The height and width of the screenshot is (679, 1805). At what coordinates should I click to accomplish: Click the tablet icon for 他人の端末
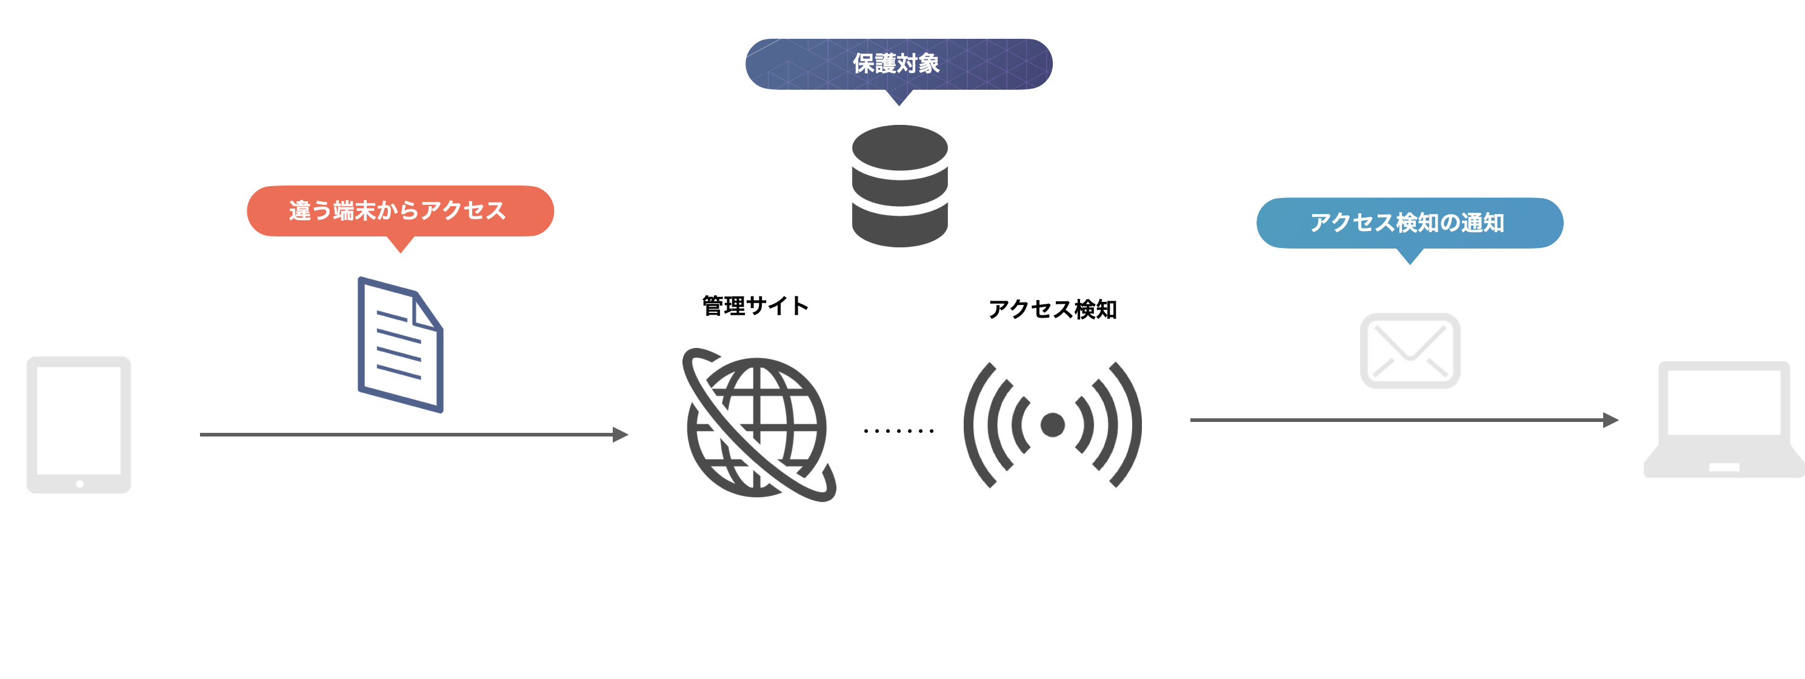click(x=78, y=424)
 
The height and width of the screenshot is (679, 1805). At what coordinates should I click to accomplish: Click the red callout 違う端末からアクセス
click(x=399, y=210)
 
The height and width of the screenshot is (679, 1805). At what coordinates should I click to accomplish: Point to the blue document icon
click(x=400, y=344)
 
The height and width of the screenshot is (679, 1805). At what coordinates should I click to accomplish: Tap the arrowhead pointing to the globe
click(x=620, y=435)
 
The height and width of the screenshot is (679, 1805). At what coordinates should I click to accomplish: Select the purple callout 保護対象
click(x=898, y=64)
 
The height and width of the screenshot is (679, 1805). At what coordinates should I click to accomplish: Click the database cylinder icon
click(x=899, y=186)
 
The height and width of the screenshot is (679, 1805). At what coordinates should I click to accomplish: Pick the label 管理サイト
click(x=755, y=306)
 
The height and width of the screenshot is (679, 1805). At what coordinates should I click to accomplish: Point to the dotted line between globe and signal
click(x=898, y=430)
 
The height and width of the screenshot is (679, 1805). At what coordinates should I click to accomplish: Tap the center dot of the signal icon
click(x=1052, y=424)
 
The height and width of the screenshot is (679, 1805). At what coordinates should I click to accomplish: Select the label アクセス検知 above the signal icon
click(x=1052, y=309)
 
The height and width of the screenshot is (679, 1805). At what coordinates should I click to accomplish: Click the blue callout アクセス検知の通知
click(x=1409, y=223)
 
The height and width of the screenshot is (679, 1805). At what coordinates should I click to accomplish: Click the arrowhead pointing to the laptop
click(x=1611, y=420)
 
